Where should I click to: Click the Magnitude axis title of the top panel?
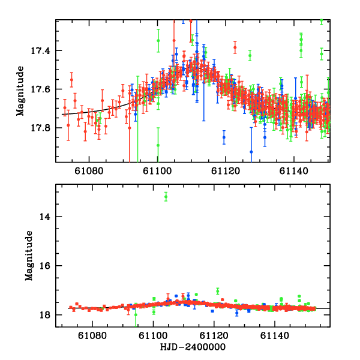20,91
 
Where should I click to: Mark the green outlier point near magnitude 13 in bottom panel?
166,196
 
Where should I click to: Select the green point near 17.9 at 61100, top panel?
158,145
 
